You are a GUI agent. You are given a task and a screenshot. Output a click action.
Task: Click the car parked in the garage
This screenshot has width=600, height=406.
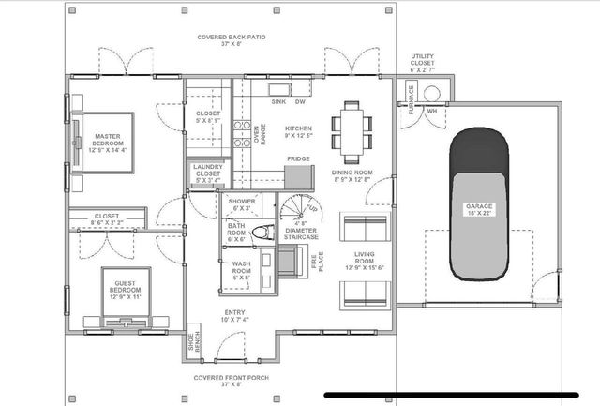coord(478,207)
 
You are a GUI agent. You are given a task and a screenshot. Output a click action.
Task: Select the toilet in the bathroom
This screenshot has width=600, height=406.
coord(265,233)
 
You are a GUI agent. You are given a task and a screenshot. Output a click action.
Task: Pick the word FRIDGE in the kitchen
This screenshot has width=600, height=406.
coord(298,159)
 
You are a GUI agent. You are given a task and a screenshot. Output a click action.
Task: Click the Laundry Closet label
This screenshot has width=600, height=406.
coord(207,173)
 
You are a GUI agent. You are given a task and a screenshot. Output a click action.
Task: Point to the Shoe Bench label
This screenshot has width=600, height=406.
coord(193,343)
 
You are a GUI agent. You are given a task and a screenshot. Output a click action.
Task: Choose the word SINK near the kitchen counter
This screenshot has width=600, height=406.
coord(278,100)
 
